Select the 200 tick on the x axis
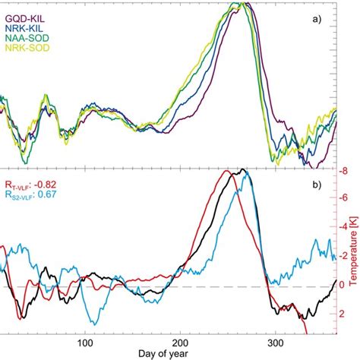click(x=180, y=342)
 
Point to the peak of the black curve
click(x=242, y=169)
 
